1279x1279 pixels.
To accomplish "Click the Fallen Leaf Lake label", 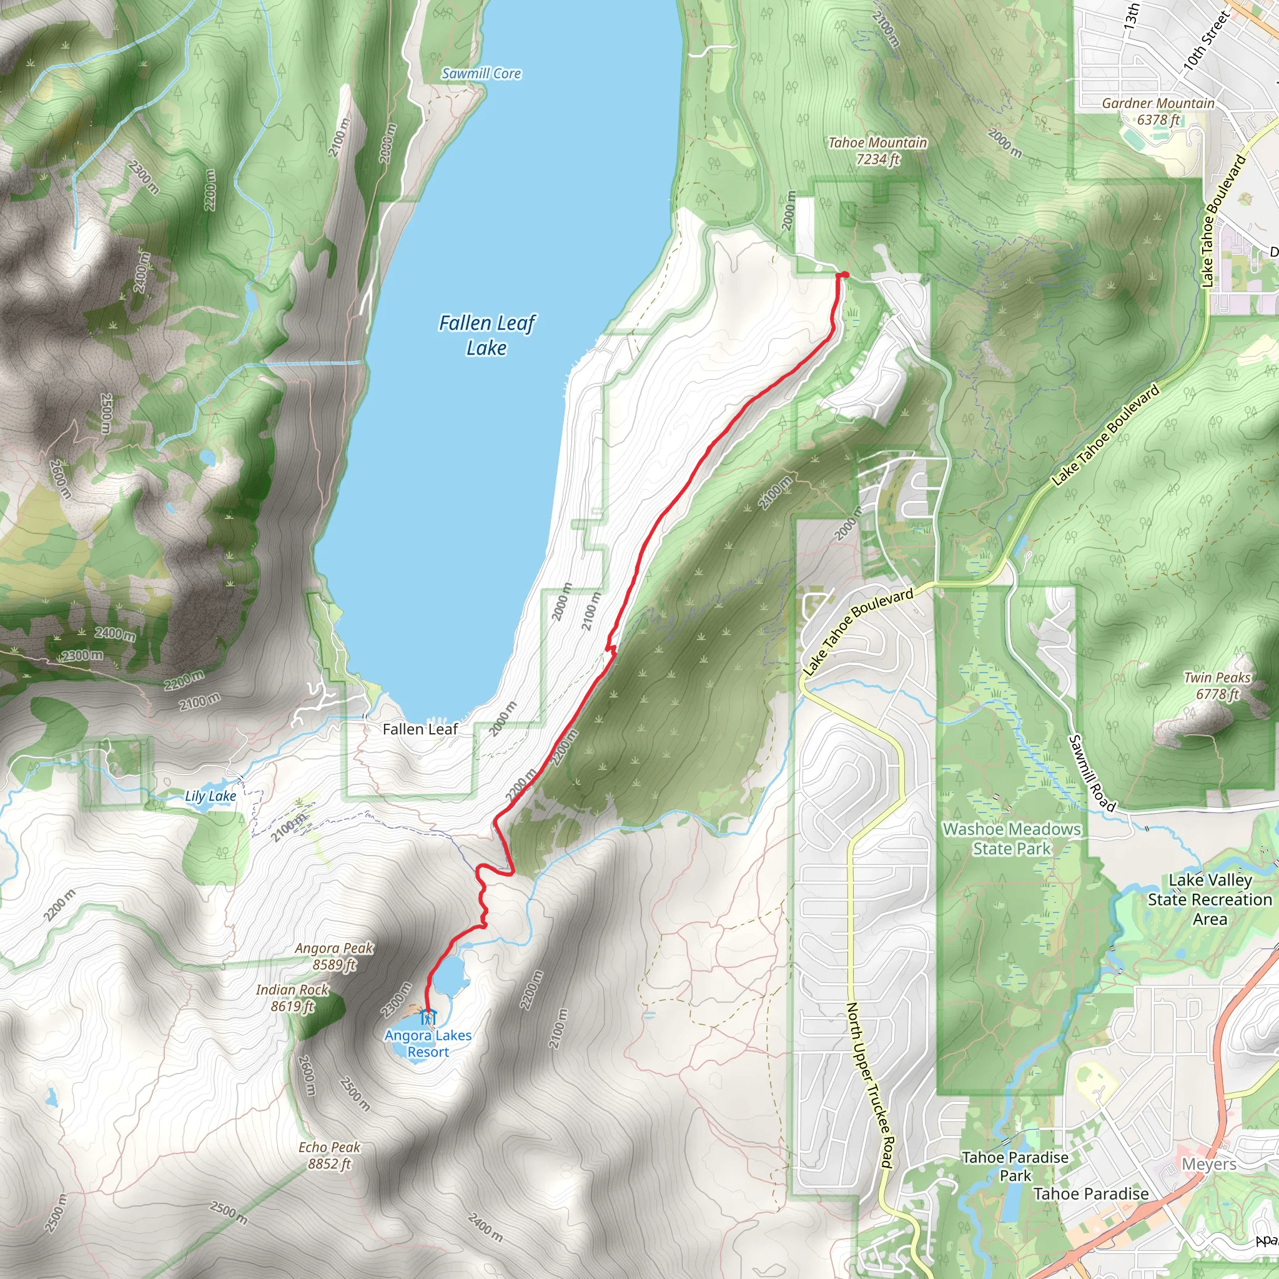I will coord(486,335).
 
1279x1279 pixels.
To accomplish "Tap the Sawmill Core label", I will coord(481,74).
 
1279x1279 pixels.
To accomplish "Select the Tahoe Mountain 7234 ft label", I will coord(877,151).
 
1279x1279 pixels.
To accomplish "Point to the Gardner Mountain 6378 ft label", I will coord(1158,111).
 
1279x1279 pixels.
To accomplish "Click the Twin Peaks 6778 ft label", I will coord(1217,685).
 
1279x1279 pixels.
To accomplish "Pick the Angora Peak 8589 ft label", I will coord(334,957).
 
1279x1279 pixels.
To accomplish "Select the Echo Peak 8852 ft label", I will coord(329,1155).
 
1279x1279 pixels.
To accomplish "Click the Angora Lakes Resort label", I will coord(428,1044).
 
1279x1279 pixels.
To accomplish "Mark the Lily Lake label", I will coord(210,796).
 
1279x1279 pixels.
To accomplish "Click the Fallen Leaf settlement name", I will coord(420,729).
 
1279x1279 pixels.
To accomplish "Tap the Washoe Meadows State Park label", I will coord(1012,839).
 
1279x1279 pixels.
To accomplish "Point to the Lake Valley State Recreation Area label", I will coord(1210,899).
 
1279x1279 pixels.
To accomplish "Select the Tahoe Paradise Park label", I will coord(1015,1167).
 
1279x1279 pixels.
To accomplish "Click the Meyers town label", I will coord(1209,1164).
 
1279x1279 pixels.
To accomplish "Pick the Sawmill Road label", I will coord(1092,773).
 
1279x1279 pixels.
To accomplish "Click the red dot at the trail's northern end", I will coord(844,275).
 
